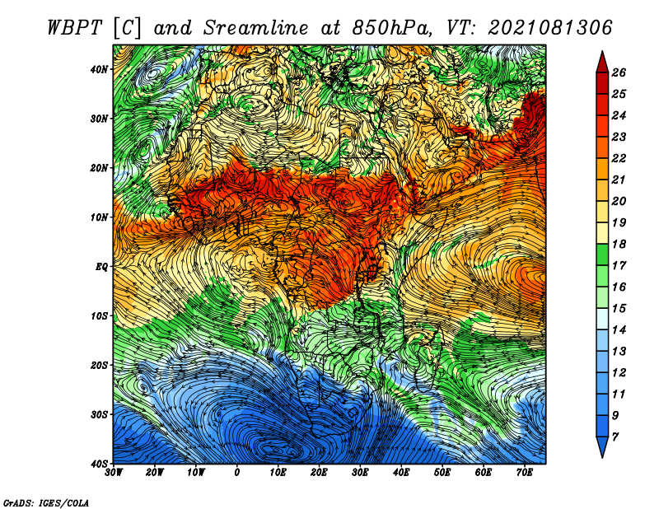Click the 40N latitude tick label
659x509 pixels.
point(99,69)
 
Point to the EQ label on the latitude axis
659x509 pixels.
point(101,267)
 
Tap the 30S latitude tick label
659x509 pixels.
point(99,414)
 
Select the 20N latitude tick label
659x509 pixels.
point(99,168)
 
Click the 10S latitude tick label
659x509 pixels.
point(99,315)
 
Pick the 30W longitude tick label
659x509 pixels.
point(114,473)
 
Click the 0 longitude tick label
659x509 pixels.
point(237,473)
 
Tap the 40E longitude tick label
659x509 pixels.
point(401,473)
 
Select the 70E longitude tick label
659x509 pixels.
point(525,473)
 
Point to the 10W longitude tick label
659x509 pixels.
point(196,473)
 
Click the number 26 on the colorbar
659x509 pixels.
point(619,72)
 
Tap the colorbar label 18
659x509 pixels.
point(619,244)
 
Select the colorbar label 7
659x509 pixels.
point(615,437)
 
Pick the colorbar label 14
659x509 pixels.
point(619,330)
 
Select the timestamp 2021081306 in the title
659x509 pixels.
point(549,28)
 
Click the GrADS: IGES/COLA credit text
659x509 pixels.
point(46,502)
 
